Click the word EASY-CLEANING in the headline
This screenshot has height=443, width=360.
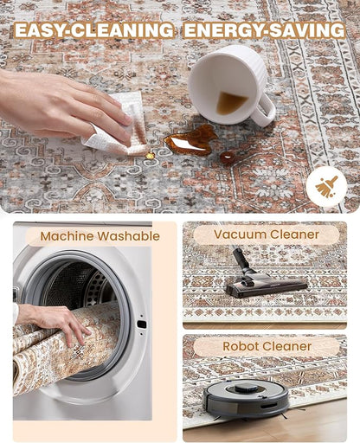(x=94, y=30)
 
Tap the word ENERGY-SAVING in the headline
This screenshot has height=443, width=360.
(x=264, y=30)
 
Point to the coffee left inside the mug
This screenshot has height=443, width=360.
(x=231, y=102)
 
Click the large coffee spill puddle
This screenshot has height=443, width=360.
(x=190, y=140)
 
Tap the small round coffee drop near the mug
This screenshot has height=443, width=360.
(x=228, y=157)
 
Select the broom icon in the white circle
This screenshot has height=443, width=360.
(x=327, y=187)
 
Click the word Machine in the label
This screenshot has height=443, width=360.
(x=67, y=236)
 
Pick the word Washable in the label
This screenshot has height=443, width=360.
(x=129, y=236)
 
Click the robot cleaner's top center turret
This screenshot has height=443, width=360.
(x=246, y=388)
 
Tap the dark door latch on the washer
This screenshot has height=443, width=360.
(x=142, y=324)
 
